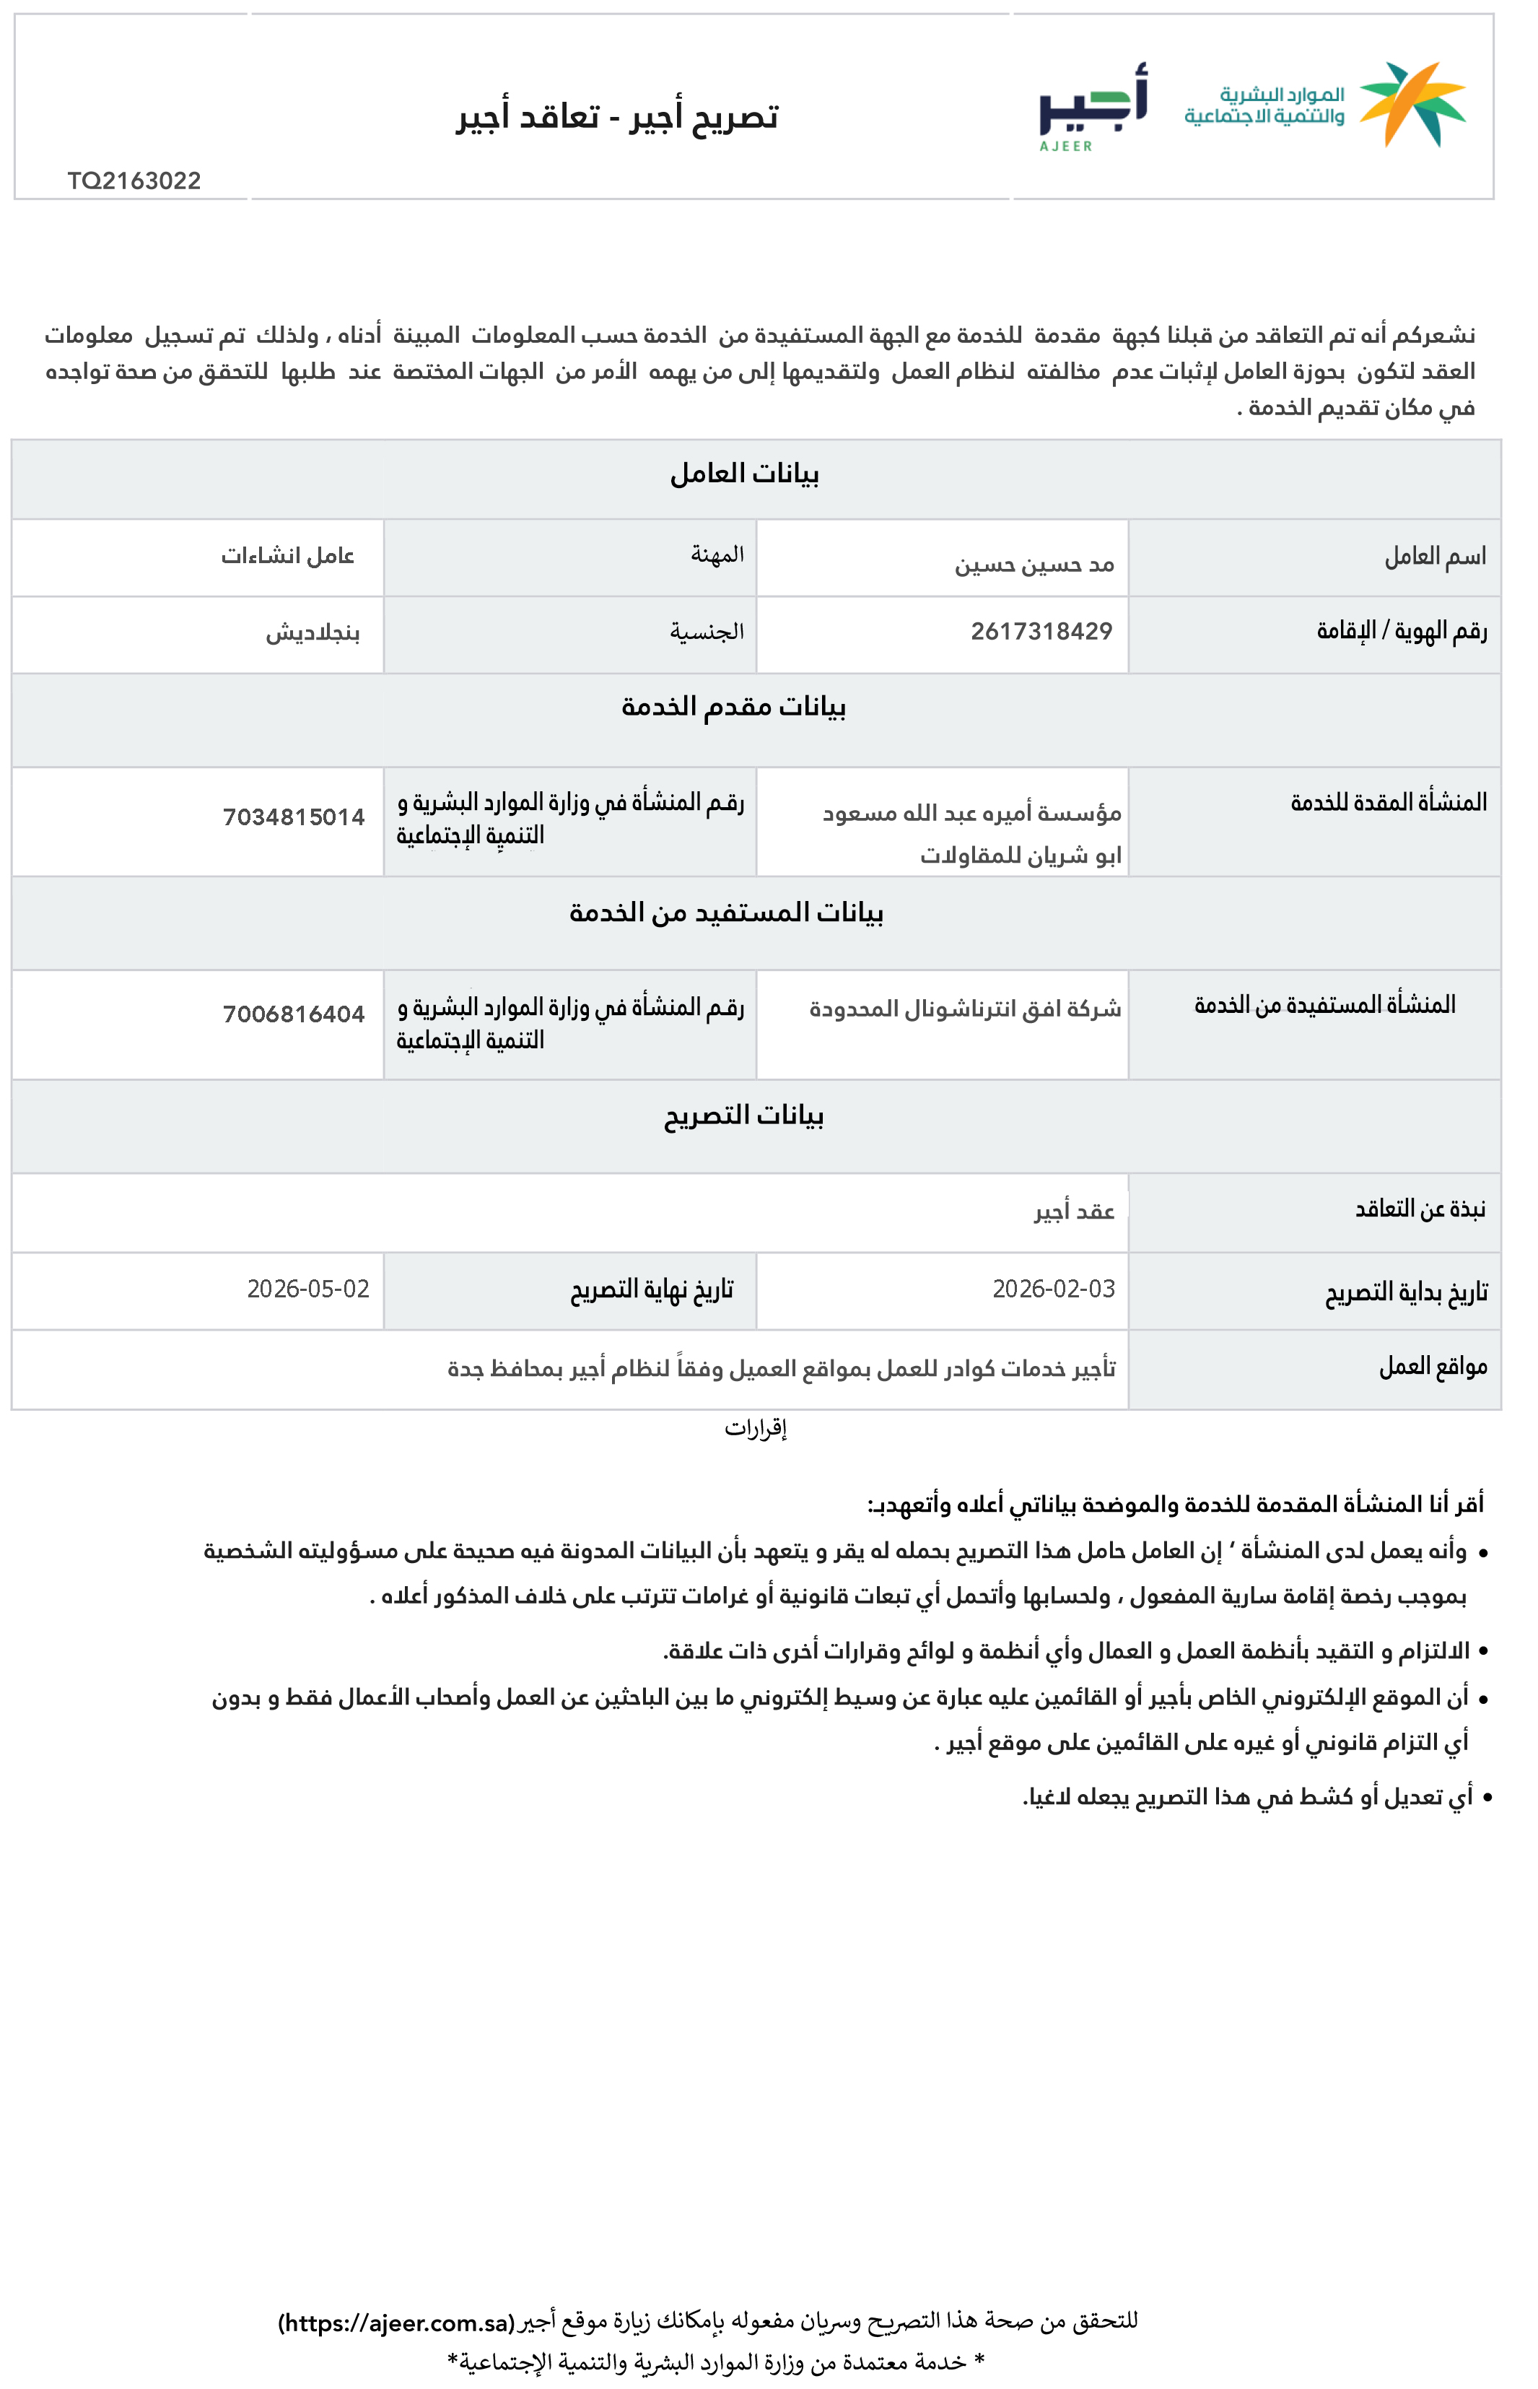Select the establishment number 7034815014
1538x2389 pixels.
click(x=294, y=817)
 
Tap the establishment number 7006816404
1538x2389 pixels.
click(x=294, y=1014)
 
